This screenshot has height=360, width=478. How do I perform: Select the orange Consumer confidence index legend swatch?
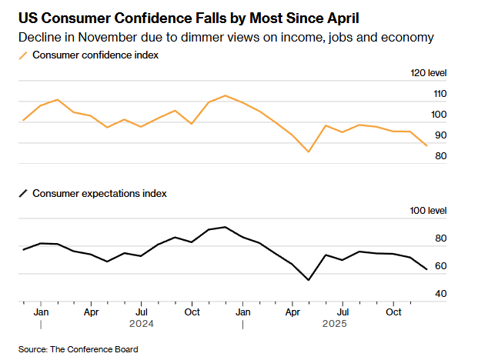(x=23, y=55)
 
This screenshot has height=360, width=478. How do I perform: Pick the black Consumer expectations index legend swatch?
(x=23, y=194)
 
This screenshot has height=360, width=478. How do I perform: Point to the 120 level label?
(x=430, y=73)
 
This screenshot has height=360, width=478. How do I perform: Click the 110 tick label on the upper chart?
(x=439, y=94)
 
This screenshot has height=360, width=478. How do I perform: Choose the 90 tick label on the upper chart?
(x=441, y=135)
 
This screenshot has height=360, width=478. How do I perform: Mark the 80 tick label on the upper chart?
(x=441, y=156)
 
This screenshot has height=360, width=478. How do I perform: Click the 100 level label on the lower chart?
(x=430, y=211)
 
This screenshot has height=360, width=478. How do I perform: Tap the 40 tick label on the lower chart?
(x=441, y=294)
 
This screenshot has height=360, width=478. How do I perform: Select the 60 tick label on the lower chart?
(x=441, y=266)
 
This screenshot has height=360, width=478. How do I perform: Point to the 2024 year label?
(x=141, y=324)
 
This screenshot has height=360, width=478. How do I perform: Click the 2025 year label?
(x=334, y=324)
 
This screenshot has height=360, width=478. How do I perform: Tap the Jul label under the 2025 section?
(x=343, y=312)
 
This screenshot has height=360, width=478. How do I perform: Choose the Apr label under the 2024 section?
(x=90, y=312)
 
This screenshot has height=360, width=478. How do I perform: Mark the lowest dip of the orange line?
(x=309, y=152)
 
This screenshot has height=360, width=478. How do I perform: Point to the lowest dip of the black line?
(x=309, y=280)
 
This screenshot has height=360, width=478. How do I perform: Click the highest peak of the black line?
(x=225, y=227)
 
